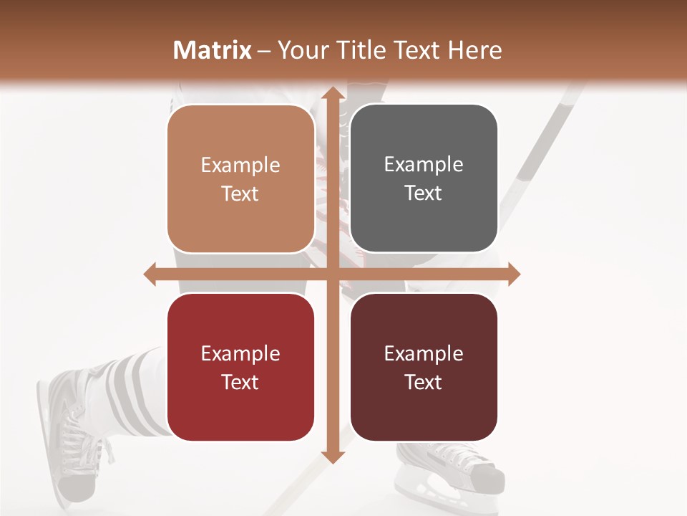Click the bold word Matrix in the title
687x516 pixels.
pyautogui.click(x=213, y=50)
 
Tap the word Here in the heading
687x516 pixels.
pyautogui.click(x=474, y=50)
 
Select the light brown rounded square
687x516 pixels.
pyautogui.click(x=240, y=178)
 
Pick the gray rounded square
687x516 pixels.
pyautogui.click(x=424, y=178)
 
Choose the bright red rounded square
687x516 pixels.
pyautogui.click(x=240, y=367)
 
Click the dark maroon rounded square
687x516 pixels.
pyautogui.click(x=424, y=367)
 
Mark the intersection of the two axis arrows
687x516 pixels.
pyautogui.click(x=331, y=274)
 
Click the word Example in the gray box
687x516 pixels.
pyautogui.click(x=424, y=164)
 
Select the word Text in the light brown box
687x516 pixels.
pyautogui.click(x=240, y=194)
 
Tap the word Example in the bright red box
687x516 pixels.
pyautogui.click(x=240, y=353)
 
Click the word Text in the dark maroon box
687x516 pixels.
pyautogui.click(x=424, y=383)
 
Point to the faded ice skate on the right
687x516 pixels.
pyautogui.click(x=458, y=469)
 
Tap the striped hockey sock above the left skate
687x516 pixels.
pyautogui.click(x=136, y=387)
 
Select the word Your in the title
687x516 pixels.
pyautogui.click(x=301, y=50)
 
